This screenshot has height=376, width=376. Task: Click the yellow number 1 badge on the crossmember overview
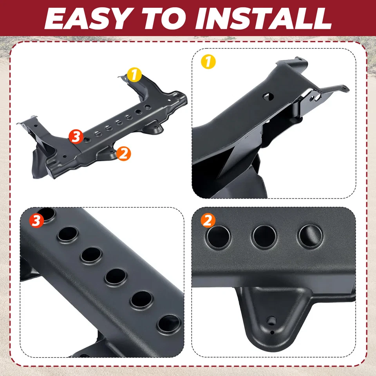134,74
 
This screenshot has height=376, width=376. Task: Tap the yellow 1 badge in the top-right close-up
208,62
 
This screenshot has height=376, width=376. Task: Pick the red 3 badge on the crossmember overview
76,137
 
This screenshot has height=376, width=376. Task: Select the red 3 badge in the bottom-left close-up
36,221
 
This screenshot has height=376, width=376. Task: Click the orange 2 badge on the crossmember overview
123,153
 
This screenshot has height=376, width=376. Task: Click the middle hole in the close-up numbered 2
265,237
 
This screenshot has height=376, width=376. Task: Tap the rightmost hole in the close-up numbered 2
311,236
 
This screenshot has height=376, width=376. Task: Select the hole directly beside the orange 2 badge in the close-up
219,237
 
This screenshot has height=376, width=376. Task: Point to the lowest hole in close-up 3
168,324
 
